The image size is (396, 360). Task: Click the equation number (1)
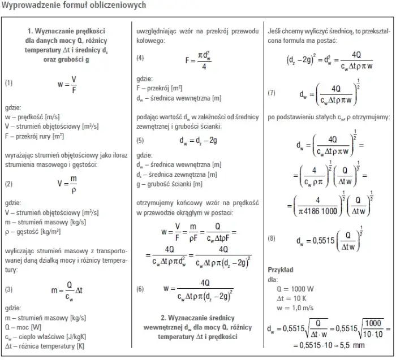coord(8,83)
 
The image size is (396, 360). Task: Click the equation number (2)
coord(8,184)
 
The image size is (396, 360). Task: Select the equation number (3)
coord(8,289)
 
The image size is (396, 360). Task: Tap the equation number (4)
coord(140,59)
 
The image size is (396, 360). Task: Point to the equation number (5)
coord(140,139)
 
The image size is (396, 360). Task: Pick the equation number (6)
coord(140,288)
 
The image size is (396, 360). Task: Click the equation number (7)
coord(272,93)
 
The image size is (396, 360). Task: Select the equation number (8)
coord(272,239)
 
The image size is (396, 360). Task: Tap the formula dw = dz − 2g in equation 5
coord(201,140)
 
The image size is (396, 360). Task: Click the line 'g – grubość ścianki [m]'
coord(170,184)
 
